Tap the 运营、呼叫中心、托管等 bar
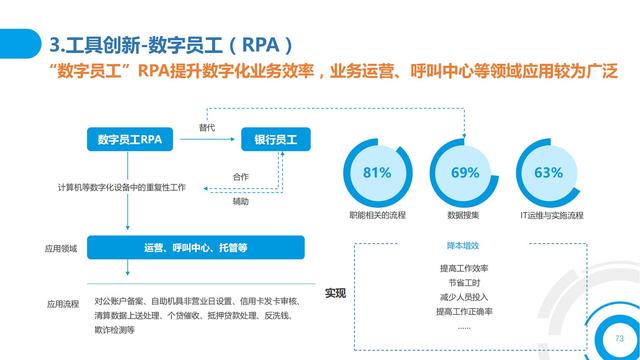[x=196, y=247]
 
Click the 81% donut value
[x=377, y=172]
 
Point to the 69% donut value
[x=465, y=172]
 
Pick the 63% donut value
[x=548, y=172]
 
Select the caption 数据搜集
[x=465, y=214]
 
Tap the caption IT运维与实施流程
[x=549, y=214]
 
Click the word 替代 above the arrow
[x=207, y=127]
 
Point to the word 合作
[x=241, y=177]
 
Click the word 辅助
[x=241, y=200]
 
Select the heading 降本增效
[x=464, y=246]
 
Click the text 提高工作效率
[x=464, y=269]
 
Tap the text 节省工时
[x=464, y=283]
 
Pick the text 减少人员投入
[x=464, y=297]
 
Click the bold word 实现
[x=336, y=293]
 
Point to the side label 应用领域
[x=61, y=248]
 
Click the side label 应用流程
[x=61, y=303]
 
